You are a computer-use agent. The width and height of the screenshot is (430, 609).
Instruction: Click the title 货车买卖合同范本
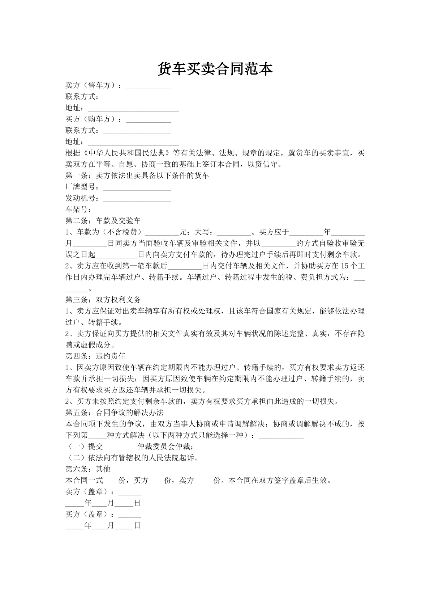[x=215, y=69]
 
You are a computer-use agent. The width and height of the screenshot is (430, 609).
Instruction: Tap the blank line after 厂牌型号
[x=137, y=187]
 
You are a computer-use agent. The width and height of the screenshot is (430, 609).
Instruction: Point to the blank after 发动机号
[x=137, y=199]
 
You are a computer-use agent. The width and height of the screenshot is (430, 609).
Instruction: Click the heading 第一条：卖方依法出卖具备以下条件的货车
[x=137, y=176]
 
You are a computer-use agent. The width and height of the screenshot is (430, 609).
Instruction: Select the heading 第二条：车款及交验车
[x=103, y=221]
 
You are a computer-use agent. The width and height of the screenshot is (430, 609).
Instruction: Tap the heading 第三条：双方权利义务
[x=103, y=300]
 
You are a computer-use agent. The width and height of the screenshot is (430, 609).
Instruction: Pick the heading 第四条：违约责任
[x=95, y=356]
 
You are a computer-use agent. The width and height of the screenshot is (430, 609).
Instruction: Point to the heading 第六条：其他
[x=88, y=469]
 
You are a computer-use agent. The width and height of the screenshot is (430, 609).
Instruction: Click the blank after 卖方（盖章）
[x=129, y=492]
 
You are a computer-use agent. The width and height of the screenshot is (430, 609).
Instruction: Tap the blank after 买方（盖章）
[x=129, y=514]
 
